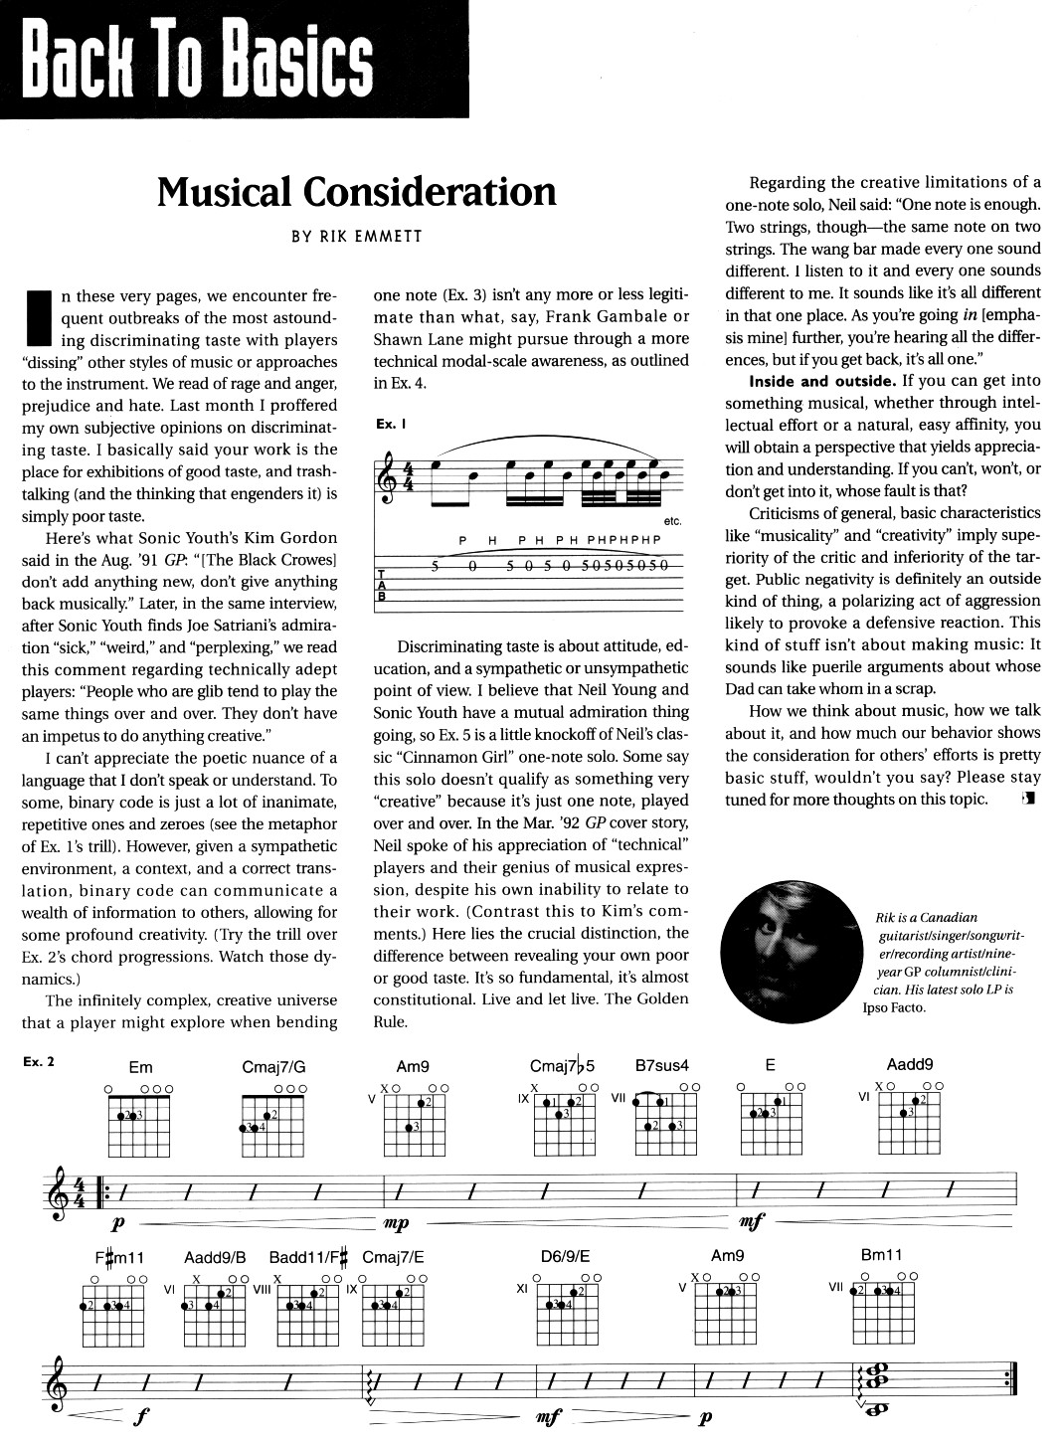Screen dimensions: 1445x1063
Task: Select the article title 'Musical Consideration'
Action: click(357, 191)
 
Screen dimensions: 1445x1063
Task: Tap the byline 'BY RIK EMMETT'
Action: click(357, 237)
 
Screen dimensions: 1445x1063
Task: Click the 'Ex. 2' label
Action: click(38, 1061)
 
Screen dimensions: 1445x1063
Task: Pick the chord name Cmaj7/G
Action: click(273, 1068)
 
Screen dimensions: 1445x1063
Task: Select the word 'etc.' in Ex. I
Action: click(672, 521)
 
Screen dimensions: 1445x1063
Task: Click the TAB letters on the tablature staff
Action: click(383, 585)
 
